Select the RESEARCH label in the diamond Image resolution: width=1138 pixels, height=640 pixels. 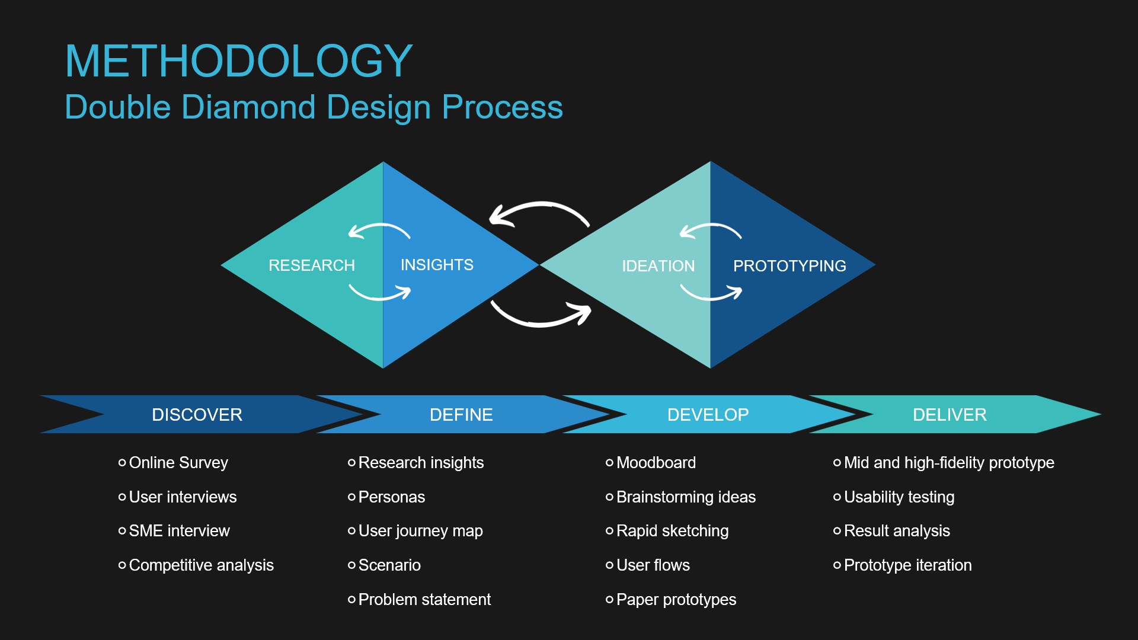[312, 265]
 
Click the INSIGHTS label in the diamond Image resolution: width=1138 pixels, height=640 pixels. [437, 265]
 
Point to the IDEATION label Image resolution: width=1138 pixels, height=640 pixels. [658, 266]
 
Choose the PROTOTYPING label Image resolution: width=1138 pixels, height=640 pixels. [789, 266]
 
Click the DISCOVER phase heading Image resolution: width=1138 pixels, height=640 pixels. [197, 415]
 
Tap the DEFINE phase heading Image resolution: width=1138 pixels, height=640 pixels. [461, 415]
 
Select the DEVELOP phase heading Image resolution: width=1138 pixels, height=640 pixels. [708, 415]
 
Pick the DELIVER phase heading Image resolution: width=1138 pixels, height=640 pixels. [950, 415]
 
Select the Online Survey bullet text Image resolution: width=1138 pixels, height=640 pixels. [178, 463]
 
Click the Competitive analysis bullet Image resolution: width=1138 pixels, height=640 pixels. [201, 565]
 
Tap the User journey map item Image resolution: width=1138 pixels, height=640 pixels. [420, 531]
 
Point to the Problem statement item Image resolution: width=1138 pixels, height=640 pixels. [424, 600]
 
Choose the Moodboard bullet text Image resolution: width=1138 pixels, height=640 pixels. [656, 463]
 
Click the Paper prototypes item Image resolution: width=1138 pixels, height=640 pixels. [676, 600]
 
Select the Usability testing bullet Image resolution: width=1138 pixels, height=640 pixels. [899, 497]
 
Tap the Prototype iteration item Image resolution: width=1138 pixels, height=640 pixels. [907, 565]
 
